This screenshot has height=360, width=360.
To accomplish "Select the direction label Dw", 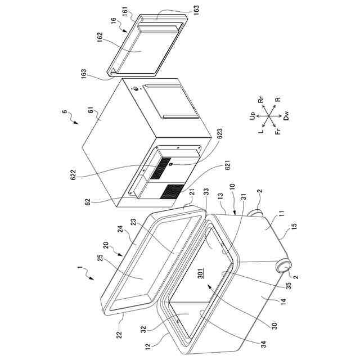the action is pyautogui.click(x=286, y=116).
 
